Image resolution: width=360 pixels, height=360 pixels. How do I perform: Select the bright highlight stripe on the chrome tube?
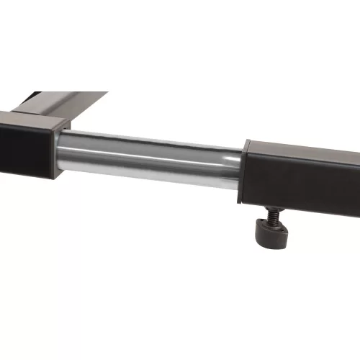(x=144, y=147)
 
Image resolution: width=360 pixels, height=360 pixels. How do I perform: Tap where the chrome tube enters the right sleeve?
(x=242, y=169)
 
